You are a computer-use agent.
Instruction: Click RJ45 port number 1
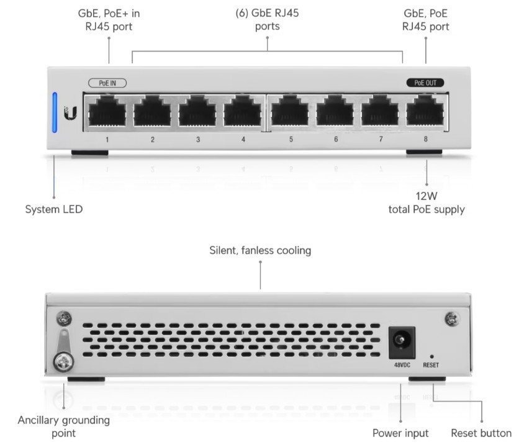pyautogui.click(x=107, y=112)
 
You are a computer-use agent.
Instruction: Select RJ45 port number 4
pyautogui.click(x=243, y=112)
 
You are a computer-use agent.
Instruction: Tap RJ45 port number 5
pyautogui.click(x=291, y=112)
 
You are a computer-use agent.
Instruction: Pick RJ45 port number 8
pyautogui.click(x=425, y=112)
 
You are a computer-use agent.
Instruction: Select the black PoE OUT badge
pyautogui.click(x=425, y=83)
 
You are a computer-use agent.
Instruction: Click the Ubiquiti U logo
pyautogui.click(x=71, y=113)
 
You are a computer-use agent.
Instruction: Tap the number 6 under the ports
pyautogui.click(x=336, y=140)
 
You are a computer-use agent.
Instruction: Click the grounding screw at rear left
pyautogui.click(x=63, y=361)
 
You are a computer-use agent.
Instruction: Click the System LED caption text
pyautogui.click(x=53, y=210)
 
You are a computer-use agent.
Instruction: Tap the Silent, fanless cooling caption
pyautogui.click(x=260, y=251)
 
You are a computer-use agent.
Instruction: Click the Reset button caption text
pyautogui.click(x=481, y=433)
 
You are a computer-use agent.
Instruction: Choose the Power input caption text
pyautogui.click(x=400, y=433)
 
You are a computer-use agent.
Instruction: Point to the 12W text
pyautogui.click(x=426, y=196)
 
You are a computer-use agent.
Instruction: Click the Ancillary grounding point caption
pyautogui.click(x=63, y=427)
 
